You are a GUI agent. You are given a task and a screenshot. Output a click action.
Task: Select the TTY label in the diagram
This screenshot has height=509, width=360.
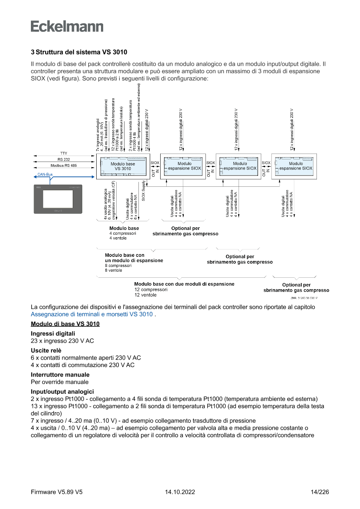click(x=63, y=153)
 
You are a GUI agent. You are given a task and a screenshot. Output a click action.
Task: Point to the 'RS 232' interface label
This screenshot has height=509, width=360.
click(x=63, y=159)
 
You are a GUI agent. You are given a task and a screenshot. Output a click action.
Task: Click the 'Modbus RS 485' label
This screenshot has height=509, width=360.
click(x=63, y=165)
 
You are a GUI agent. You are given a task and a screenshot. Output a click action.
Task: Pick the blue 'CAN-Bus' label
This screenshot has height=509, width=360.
click(x=45, y=174)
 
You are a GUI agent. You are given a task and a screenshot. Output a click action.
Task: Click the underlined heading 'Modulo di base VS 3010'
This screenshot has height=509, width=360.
click(x=65, y=324)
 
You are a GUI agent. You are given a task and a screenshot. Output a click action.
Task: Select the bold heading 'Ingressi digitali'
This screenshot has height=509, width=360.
click(x=50, y=334)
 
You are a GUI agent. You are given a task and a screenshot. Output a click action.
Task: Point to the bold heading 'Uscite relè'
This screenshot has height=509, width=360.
click(x=46, y=350)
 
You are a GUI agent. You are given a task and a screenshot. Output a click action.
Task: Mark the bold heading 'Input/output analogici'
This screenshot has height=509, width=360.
click(x=62, y=391)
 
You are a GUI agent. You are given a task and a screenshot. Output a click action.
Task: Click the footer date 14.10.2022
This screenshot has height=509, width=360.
click(x=180, y=492)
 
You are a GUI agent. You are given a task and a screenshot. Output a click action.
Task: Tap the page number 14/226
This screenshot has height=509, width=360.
click(x=320, y=492)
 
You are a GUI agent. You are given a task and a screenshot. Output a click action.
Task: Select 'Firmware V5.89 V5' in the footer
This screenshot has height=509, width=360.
click(x=57, y=492)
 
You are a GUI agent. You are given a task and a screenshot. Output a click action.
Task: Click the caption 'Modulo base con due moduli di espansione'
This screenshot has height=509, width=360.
click(x=184, y=284)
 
